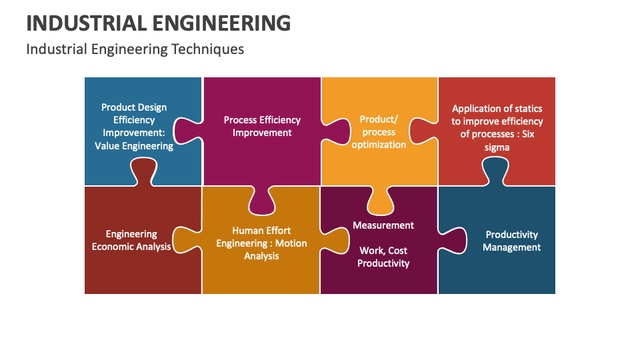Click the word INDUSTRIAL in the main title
click(74, 23)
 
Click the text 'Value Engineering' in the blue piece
click(134, 146)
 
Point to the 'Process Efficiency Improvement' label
click(262, 126)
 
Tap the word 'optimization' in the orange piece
click(379, 145)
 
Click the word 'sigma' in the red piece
click(497, 147)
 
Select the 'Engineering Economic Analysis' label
click(131, 241)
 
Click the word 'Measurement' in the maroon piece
click(383, 225)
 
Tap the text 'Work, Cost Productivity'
click(383, 257)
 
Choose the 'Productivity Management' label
click(511, 241)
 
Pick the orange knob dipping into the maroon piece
click(379, 201)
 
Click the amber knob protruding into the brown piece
click(186, 240)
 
